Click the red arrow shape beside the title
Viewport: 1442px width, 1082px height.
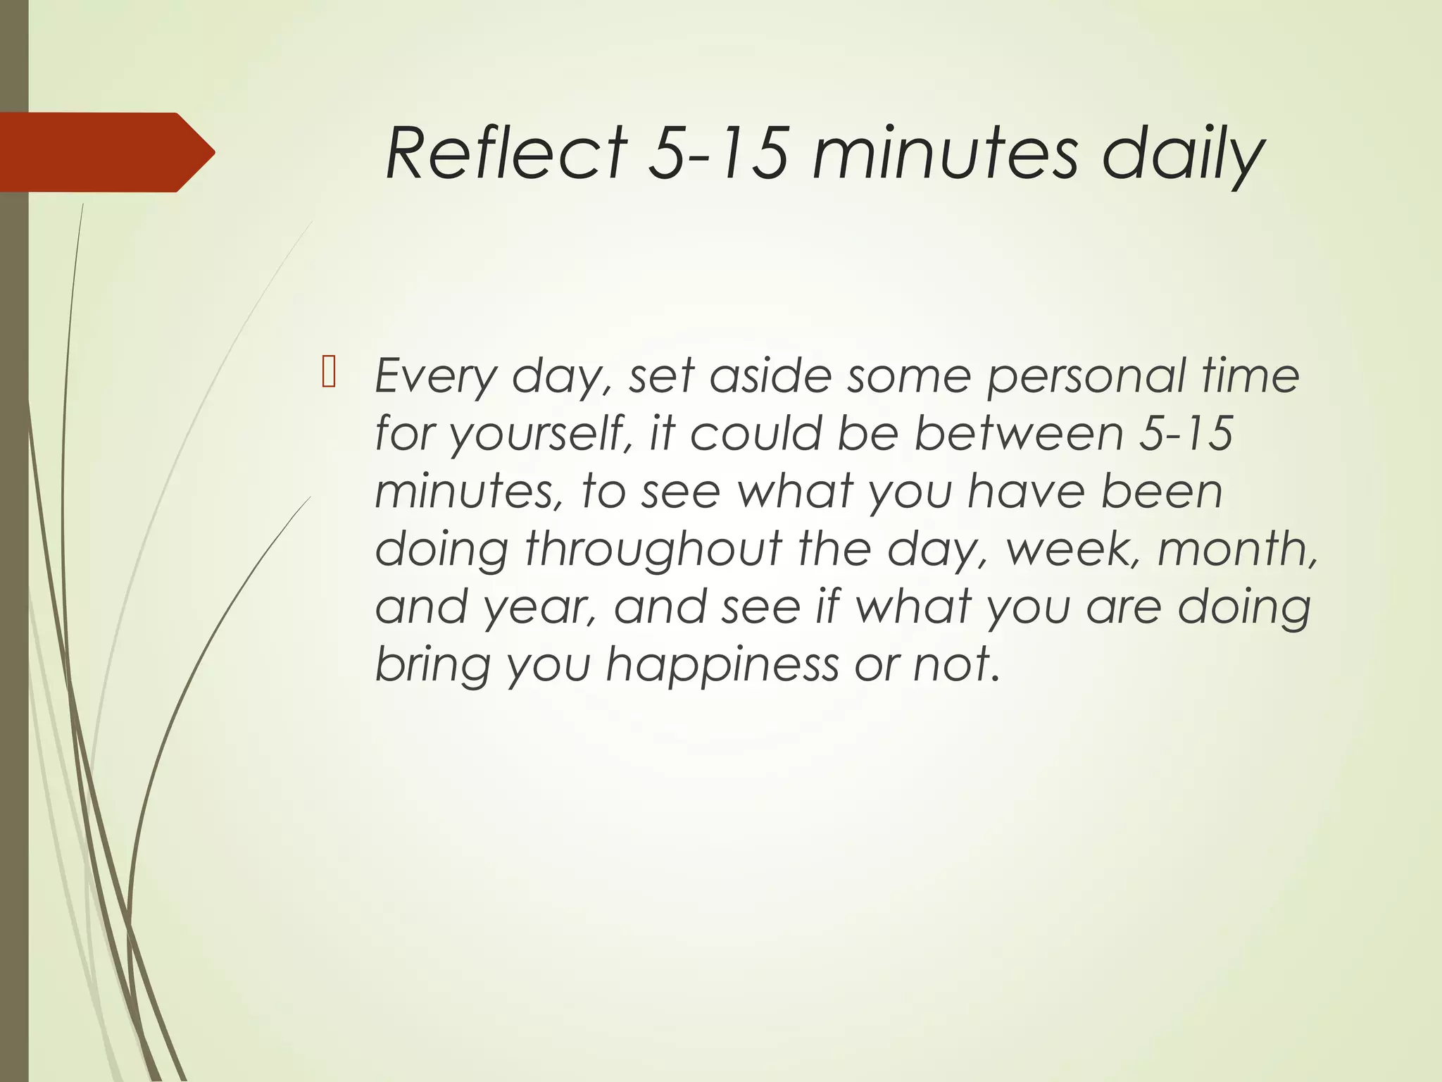point(106,152)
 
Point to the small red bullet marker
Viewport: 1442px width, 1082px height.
point(328,373)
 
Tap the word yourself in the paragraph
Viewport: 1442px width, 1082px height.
point(538,433)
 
